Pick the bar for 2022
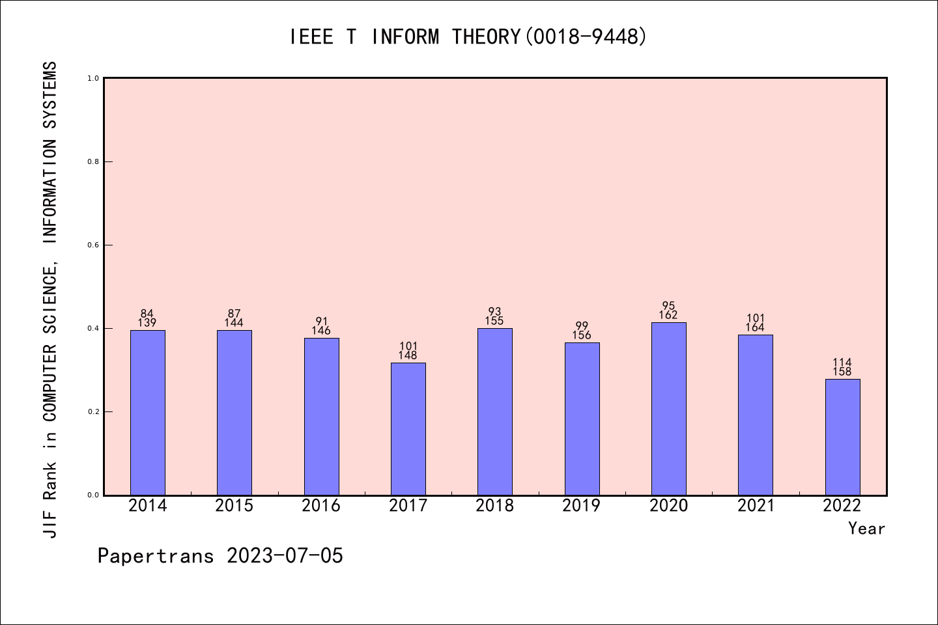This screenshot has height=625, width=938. point(842,437)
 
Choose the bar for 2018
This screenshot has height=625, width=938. point(495,411)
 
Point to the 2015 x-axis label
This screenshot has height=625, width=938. point(234,506)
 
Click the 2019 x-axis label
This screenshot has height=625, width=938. point(582,506)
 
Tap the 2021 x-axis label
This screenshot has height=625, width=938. point(756,506)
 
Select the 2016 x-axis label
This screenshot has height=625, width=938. point(321,506)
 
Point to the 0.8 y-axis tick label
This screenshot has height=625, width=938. point(93,161)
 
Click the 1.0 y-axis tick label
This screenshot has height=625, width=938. point(93,78)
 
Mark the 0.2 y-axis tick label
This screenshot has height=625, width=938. point(93,411)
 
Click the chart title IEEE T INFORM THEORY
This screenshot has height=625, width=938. point(468,36)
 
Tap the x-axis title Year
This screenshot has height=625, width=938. point(866,529)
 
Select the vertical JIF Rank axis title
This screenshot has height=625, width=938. point(51,299)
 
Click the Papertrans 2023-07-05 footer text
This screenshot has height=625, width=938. point(220,556)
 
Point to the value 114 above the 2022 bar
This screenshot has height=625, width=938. point(842,363)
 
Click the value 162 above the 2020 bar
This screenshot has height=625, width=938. point(669,315)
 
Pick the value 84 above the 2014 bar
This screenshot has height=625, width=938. point(147,314)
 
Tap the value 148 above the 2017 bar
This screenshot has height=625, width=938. point(408,355)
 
